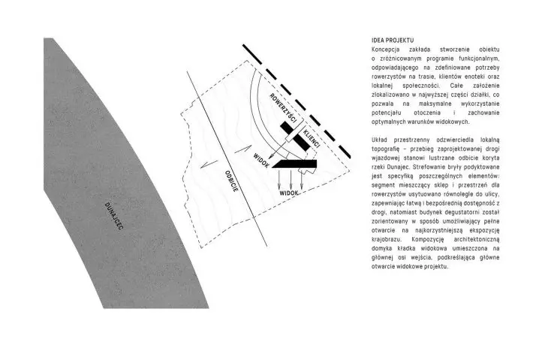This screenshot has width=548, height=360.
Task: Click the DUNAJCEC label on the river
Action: [x=114, y=216]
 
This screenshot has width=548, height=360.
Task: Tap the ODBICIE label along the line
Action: [x=232, y=181]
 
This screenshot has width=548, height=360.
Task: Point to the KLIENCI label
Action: [x=312, y=139]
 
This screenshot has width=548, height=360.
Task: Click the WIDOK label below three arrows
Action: [x=289, y=193]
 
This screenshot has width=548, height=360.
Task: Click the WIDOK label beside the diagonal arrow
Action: [x=261, y=160]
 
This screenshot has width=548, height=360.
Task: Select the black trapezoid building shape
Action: [x=294, y=164]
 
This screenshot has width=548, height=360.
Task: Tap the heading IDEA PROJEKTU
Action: [x=393, y=40]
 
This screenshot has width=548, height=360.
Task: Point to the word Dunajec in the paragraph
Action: [x=390, y=167]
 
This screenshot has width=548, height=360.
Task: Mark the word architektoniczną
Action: [x=477, y=239]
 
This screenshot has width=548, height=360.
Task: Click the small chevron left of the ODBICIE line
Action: [x=209, y=164]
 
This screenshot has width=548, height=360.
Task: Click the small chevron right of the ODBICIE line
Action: [x=243, y=149]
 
